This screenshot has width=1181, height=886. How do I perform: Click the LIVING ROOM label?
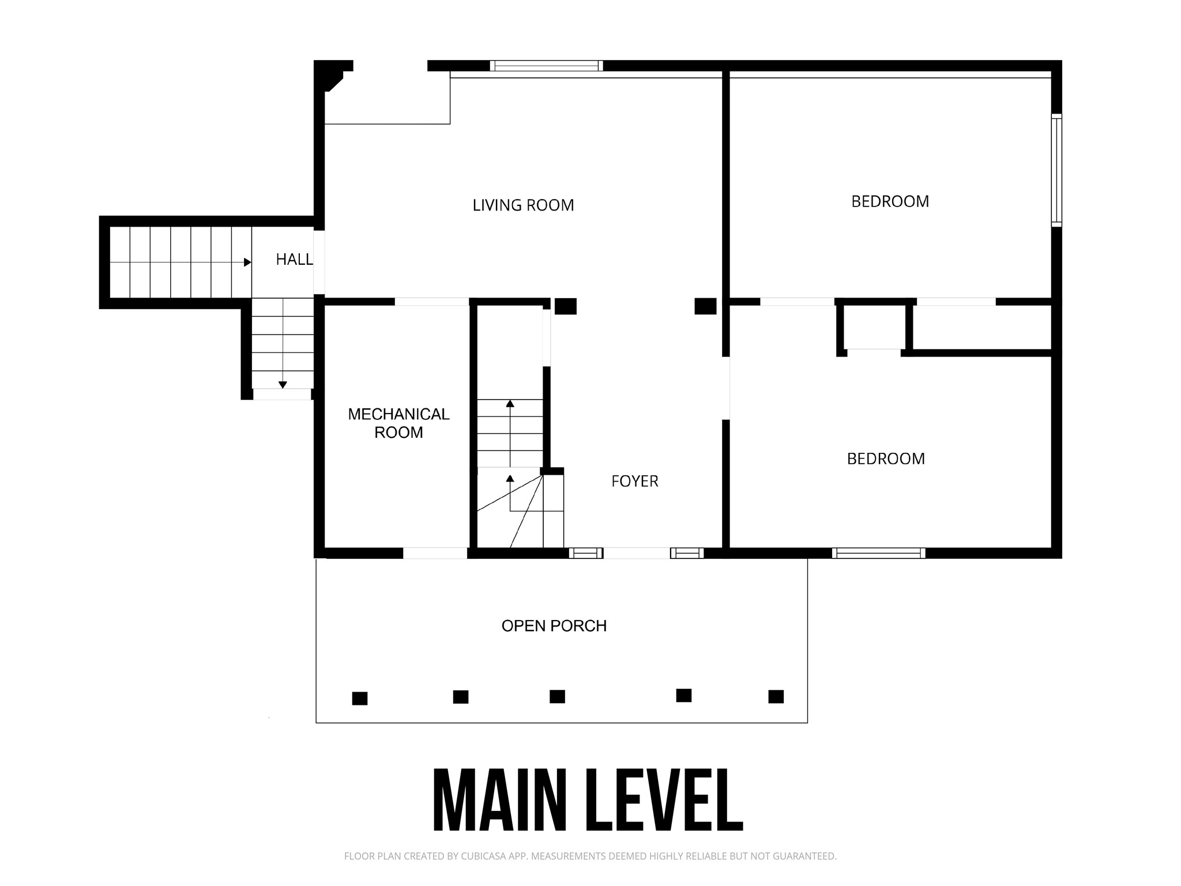coord(523,205)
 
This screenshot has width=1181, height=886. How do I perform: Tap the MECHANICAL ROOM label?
coord(398,423)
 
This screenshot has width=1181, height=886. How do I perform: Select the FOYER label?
coord(635,481)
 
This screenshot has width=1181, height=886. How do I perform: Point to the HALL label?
coord(294,260)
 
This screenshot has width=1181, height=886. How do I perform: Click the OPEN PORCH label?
coord(554,626)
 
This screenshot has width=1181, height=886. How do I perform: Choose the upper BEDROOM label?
coord(890,201)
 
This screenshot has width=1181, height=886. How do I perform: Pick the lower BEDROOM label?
coord(886,459)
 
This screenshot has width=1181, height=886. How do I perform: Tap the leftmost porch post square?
coord(360,699)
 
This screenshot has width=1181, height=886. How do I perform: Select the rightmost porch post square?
coord(776,696)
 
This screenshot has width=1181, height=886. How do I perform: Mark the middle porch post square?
coord(557,696)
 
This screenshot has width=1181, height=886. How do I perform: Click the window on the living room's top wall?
coord(547,66)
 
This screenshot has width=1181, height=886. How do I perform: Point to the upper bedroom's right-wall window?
coord(1056,170)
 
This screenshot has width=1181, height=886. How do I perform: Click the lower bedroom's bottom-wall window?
coord(879,553)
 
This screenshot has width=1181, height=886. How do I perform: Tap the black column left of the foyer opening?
coord(566,306)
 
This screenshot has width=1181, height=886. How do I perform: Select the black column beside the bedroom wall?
coord(705,306)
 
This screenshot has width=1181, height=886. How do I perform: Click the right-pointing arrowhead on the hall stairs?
coord(247,262)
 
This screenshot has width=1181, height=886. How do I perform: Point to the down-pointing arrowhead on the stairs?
coord(283,385)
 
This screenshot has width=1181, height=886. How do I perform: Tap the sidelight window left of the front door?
coord(586,553)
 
